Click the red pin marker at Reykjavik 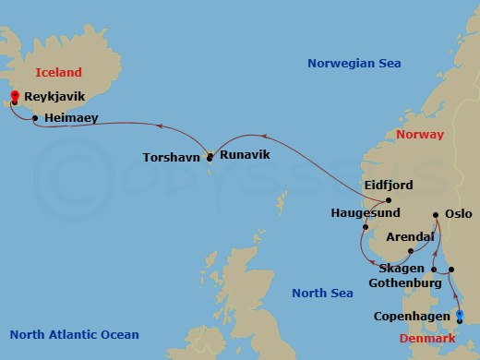tap(14, 97)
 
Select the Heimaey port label tap(71, 118)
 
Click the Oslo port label tap(458, 213)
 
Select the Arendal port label tap(410, 237)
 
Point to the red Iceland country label tap(58, 72)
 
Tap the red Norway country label tap(419, 135)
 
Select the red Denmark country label tap(426, 339)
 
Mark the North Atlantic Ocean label tap(74, 335)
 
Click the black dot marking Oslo tap(436, 216)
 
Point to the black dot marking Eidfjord tap(389, 200)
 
